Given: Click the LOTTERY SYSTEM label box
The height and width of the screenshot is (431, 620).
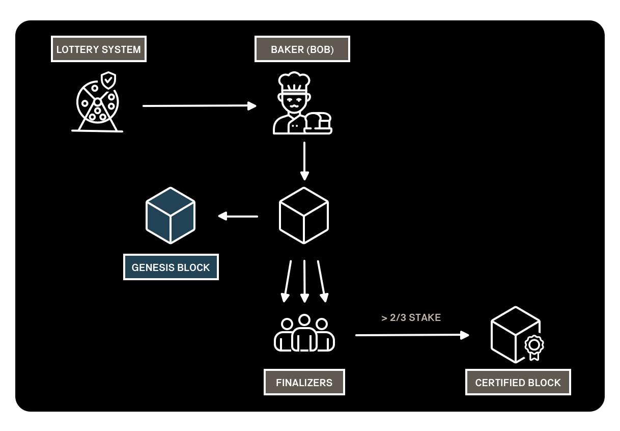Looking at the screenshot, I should pyautogui.click(x=99, y=49).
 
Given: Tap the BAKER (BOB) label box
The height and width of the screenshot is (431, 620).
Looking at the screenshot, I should pyautogui.click(x=302, y=49).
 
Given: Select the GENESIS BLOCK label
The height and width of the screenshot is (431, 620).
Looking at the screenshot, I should pyautogui.click(x=171, y=267).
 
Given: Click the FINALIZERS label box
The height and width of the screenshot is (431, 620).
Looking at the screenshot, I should pyautogui.click(x=304, y=383).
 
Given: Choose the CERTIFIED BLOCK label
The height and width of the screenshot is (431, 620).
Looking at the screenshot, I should pyautogui.click(x=518, y=383).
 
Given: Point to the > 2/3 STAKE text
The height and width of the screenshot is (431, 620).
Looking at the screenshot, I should pyautogui.click(x=411, y=318).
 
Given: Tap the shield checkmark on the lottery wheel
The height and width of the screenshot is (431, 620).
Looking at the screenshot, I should pyautogui.click(x=108, y=80).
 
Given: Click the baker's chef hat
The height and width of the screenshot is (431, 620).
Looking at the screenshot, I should pyautogui.click(x=294, y=82).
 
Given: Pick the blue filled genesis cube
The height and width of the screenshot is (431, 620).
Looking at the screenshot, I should pyautogui.click(x=171, y=215).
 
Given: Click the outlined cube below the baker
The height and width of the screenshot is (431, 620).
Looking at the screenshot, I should pyautogui.click(x=304, y=215).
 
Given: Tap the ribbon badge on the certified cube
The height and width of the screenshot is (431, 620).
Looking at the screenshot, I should pyautogui.click(x=534, y=346).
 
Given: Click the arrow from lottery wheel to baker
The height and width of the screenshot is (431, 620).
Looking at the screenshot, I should pyautogui.click(x=199, y=106).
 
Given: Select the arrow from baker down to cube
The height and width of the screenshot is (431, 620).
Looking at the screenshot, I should pyautogui.click(x=304, y=160).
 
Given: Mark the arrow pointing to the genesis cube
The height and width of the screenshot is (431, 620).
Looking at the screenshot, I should pyautogui.click(x=238, y=217).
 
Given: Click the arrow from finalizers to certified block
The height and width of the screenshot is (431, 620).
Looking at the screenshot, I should pyautogui.click(x=412, y=335).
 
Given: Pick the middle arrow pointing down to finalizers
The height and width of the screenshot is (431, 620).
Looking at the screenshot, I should pyautogui.click(x=304, y=281).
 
